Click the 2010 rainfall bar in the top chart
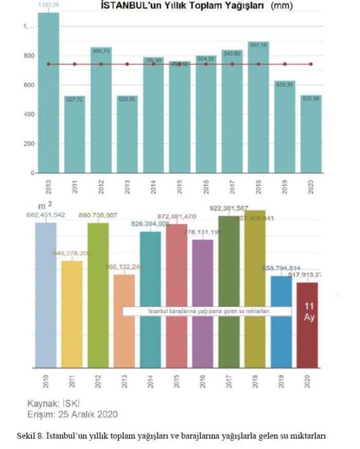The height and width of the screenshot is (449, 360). point(48,92)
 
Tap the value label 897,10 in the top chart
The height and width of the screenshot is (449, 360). point(258,45)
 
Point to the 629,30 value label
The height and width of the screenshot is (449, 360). point(284,84)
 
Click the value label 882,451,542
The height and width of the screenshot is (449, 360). point(46,215)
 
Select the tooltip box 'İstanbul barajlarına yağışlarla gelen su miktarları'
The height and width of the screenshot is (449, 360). point(207,311)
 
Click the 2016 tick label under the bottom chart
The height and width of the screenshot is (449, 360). point(203,383)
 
